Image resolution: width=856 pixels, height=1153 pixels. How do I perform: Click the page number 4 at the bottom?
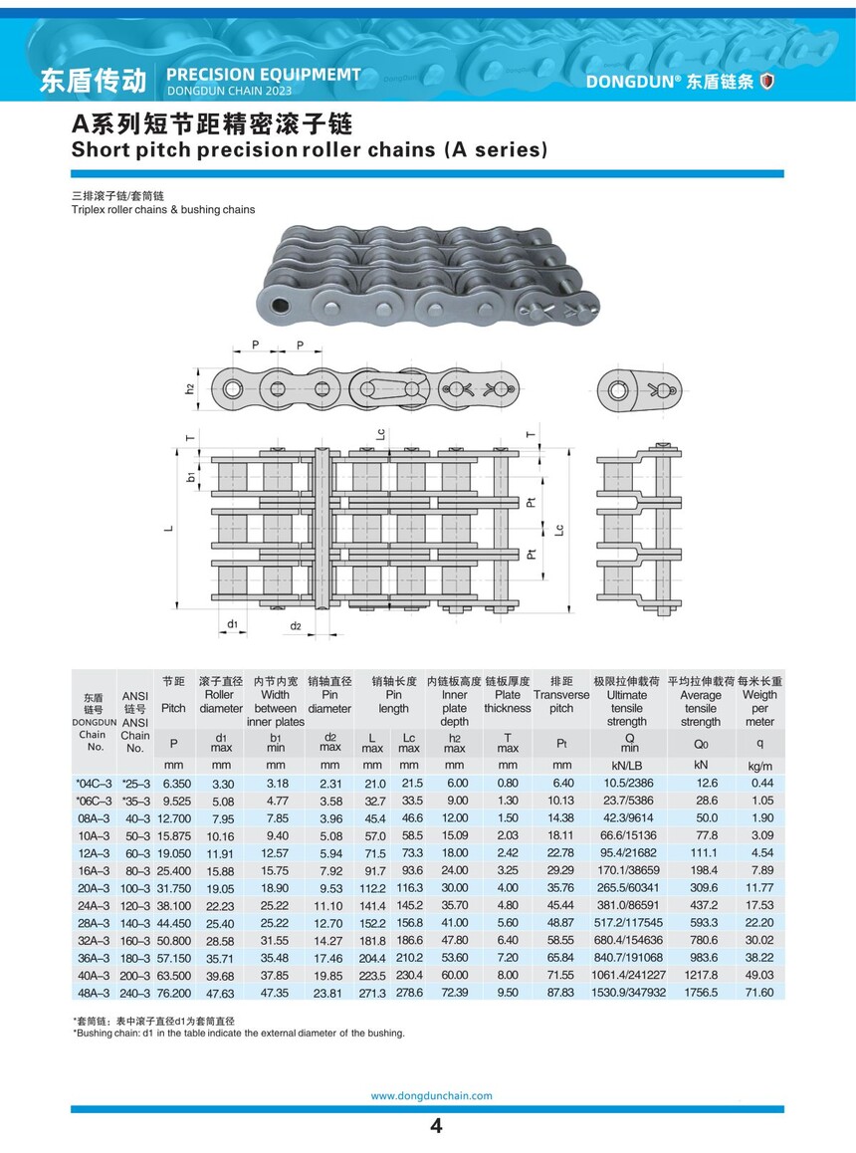tap(435, 1127)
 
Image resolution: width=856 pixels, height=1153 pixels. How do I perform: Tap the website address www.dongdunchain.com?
tap(431, 1095)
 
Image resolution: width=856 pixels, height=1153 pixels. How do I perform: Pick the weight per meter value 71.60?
tap(758, 993)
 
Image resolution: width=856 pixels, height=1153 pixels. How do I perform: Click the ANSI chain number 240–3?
tap(134, 993)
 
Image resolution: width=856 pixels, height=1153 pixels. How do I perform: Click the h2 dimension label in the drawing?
tap(189, 387)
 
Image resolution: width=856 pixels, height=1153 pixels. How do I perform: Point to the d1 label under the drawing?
tap(231, 623)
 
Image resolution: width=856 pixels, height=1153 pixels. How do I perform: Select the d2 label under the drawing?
tap(296, 626)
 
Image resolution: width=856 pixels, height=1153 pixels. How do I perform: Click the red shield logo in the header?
tap(766, 82)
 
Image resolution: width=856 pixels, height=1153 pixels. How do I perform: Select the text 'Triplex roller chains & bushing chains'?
tap(163, 210)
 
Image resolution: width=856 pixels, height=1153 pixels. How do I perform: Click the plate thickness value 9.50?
tap(508, 993)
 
